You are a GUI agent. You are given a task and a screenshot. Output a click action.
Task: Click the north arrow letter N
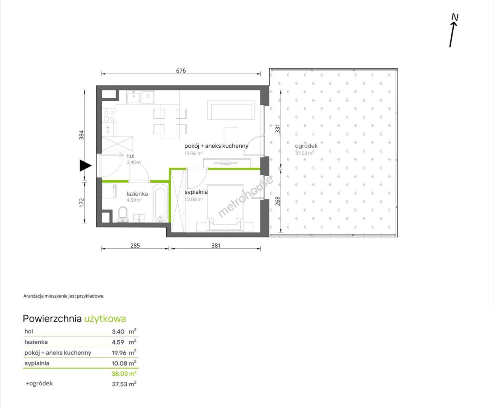tap(455, 17)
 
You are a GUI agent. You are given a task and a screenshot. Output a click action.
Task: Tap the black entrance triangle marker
tap(85, 165)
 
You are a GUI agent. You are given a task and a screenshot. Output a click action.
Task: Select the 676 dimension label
tap(181, 70)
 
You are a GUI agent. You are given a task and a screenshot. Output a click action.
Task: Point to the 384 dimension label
tap(81, 135)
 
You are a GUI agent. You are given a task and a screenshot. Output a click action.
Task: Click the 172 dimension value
tap(81, 203)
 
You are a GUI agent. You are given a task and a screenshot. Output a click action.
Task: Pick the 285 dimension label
tap(135, 245)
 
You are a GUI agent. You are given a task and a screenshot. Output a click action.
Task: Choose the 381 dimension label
tap(216, 245)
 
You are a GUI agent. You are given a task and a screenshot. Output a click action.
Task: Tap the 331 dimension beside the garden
tap(278, 129)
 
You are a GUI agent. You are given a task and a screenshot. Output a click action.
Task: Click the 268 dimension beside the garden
tap(278, 201)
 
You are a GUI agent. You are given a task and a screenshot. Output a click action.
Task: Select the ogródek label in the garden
tap(306, 146)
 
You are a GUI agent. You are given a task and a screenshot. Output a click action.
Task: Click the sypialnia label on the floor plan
tap(196, 192)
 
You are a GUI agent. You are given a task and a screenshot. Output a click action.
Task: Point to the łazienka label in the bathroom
tap(137, 194)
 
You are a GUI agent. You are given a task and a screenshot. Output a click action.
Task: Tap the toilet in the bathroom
tap(123, 214)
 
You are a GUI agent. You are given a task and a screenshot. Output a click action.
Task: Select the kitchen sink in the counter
tap(133, 97)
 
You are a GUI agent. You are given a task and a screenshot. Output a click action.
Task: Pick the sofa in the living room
tap(231, 110)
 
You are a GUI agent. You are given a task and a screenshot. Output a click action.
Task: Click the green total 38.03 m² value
tap(124, 374)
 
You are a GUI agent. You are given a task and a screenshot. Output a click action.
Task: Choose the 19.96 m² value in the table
tap(124, 353)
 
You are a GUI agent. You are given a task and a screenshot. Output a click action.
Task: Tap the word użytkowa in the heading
tap(105, 319)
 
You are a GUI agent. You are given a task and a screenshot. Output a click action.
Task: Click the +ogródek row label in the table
tap(39, 383)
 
